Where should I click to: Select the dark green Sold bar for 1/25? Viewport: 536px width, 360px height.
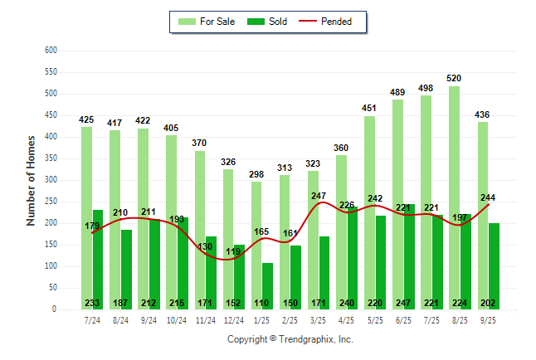(267, 282)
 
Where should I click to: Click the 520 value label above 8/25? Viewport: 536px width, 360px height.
(454, 78)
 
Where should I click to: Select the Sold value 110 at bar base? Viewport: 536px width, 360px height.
(262, 304)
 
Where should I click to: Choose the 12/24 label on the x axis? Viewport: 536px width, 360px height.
(233, 319)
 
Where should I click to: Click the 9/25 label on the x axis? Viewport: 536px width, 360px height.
(487, 319)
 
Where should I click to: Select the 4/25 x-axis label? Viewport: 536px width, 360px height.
(346, 319)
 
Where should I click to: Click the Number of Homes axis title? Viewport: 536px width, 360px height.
(31, 180)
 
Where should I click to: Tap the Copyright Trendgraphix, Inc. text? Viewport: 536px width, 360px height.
(290, 339)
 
